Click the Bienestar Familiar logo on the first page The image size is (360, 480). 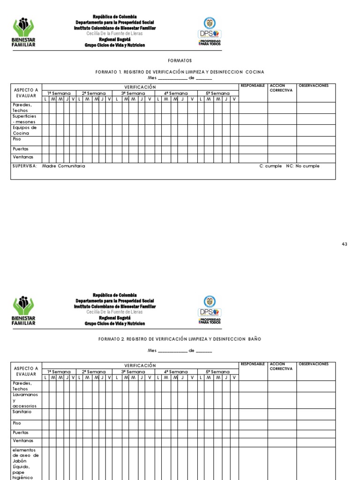pyautogui.click(x=23, y=32)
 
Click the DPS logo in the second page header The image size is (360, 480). pyautogui.click(x=210, y=310)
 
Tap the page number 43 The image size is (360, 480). pyautogui.click(x=345, y=244)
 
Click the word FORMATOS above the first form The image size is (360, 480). pyautogui.click(x=180, y=60)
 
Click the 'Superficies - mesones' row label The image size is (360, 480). pyautogui.click(x=24, y=119)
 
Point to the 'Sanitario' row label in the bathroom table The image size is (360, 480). pyautogui.click(x=22, y=411)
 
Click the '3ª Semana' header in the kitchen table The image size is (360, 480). pyautogui.click(x=133, y=93)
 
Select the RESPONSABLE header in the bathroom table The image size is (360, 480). pyautogui.click(x=253, y=364)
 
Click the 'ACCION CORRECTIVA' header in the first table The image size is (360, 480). pyautogui.click(x=281, y=88)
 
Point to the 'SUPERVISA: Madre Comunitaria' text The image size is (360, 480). pyautogui.click(x=49, y=166)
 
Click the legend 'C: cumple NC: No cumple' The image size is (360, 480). pyautogui.click(x=289, y=166)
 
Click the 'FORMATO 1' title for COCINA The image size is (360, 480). pyautogui.click(x=180, y=72)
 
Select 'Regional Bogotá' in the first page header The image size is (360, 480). pyautogui.click(x=115, y=39)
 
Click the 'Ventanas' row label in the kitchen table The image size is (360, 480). pyautogui.click(x=23, y=157)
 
